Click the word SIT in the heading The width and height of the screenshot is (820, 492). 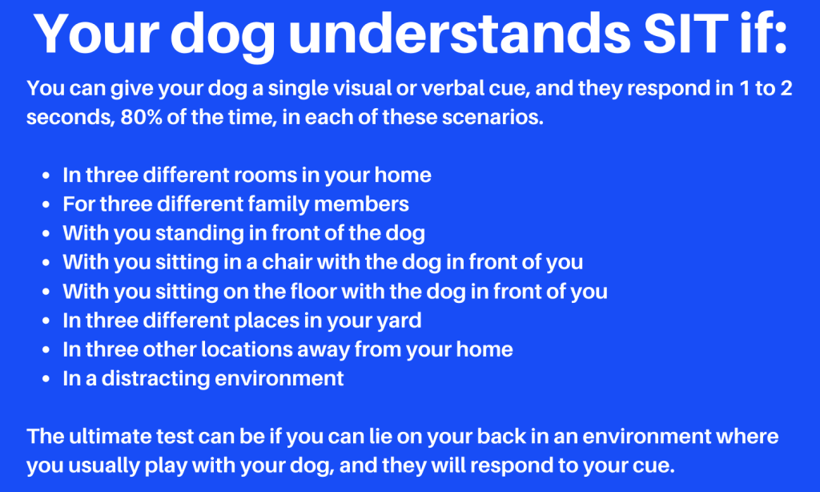point(685,32)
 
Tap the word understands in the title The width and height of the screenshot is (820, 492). point(459,32)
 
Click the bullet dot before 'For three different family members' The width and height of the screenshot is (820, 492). point(46,204)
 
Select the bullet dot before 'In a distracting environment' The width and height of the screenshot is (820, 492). point(46,378)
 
